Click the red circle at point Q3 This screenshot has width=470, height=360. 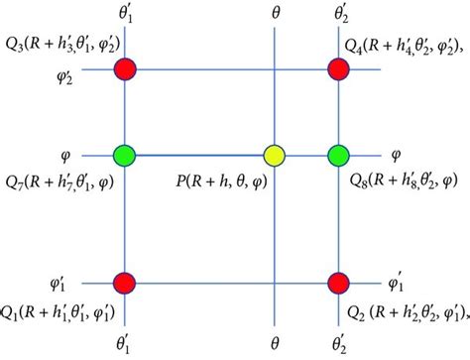click(125, 69)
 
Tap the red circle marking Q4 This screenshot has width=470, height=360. click(338, 69)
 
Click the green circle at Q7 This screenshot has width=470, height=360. click(125, 156)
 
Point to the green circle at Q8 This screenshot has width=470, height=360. click(338, 156)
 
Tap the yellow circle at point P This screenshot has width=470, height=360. click(275, 156)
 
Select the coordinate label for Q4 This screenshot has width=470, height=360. click(407, 47)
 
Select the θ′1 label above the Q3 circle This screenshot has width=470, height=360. click(126, 15)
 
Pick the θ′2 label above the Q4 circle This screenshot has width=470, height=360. click(339, 15)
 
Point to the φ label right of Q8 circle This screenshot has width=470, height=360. click(395, 156)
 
